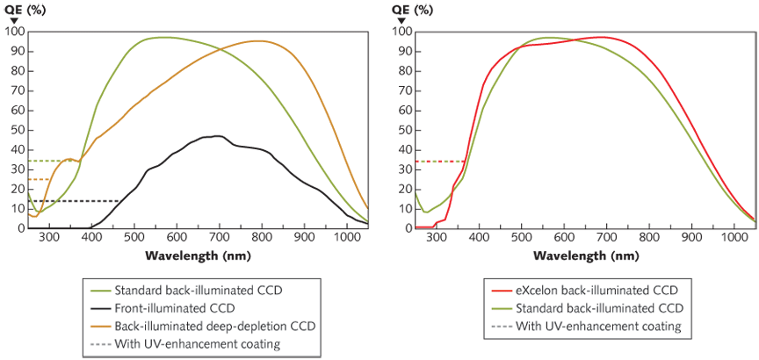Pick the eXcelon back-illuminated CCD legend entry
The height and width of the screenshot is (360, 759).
pos(591,291)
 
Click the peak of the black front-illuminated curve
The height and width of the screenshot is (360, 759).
pos(216,136)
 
